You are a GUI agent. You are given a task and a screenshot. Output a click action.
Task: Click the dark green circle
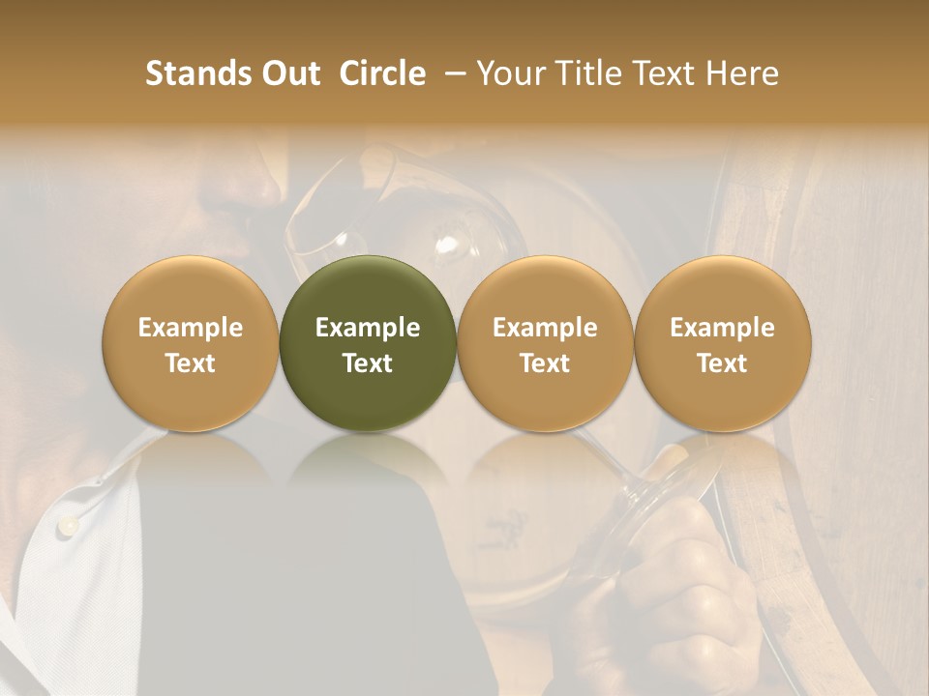pos(368,343)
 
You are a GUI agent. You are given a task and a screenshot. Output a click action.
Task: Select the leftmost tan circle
pos(190,343)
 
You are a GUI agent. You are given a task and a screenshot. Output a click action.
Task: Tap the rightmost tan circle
pos(722,343)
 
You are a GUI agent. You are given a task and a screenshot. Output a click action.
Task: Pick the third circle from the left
pos(545,343)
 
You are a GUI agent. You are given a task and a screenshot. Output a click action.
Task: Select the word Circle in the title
pos(382,73)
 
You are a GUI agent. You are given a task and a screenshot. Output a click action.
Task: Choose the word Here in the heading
pos(741,73)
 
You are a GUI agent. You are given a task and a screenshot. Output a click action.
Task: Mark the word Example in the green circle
pos(368,328)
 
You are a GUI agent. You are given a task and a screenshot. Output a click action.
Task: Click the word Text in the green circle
pos(368,363)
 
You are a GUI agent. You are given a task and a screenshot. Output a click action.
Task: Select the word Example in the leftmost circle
pos(190,328)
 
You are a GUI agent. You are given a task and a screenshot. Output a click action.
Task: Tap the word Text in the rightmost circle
pos(722,363)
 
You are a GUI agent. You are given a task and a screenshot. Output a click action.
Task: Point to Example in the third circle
pos(545,328)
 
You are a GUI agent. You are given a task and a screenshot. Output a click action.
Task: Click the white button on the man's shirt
pos(67,525)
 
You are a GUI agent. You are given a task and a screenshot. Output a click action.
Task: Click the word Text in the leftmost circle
pos(190,363)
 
